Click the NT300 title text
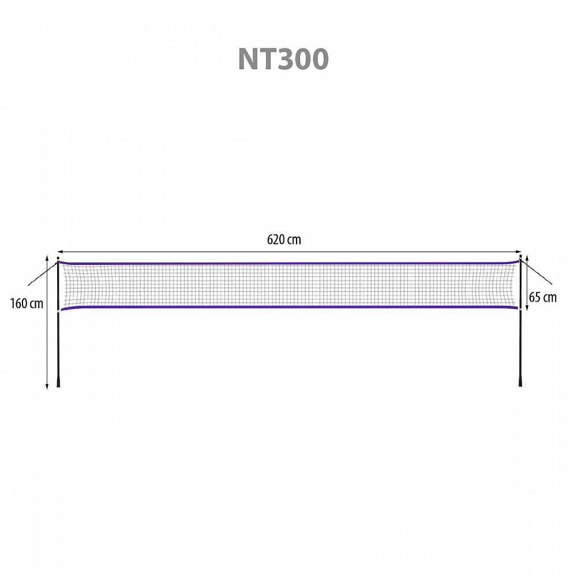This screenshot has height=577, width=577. click(283, 58)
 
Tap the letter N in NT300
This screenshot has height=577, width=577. click(248, 58)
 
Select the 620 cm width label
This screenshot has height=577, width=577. click(284, 239)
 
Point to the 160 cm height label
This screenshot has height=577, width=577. click(27, 304)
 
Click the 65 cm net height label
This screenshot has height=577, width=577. click(543, 297)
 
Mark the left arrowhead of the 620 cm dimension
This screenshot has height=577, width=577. click(59, 252)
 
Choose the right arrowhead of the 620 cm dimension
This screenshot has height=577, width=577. click(519, 252)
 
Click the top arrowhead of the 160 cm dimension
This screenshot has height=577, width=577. click(47, 258)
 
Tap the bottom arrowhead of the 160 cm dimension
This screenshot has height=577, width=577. click(47, 386)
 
